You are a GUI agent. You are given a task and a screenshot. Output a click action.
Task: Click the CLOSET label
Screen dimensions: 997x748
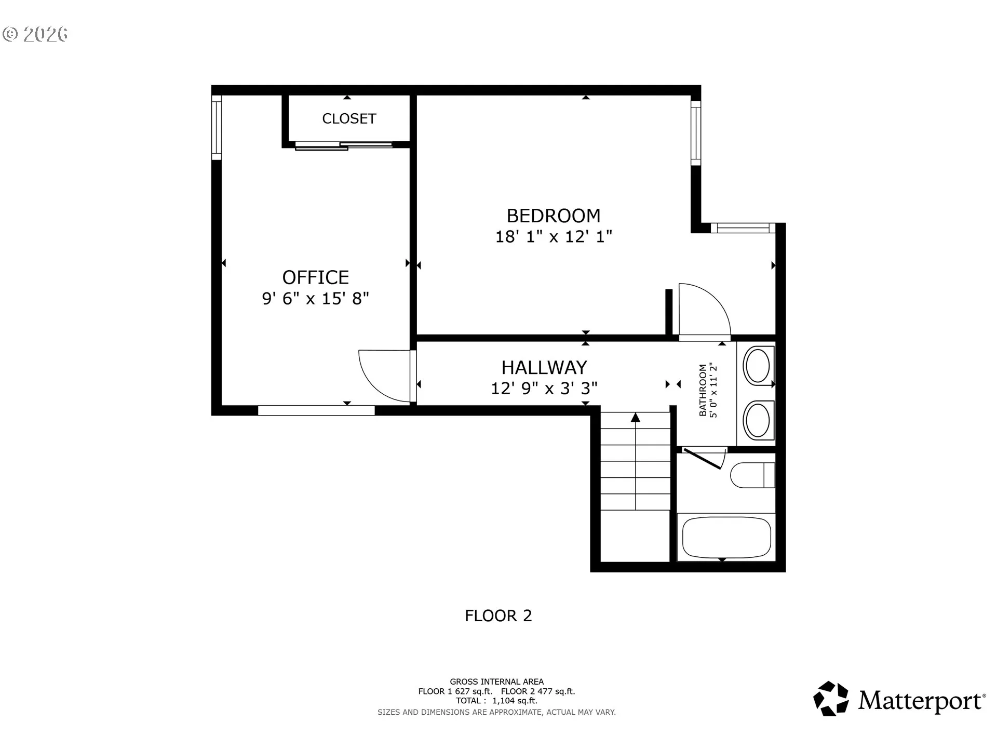[349, 119]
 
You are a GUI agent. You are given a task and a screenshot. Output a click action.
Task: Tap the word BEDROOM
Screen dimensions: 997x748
[554, 216]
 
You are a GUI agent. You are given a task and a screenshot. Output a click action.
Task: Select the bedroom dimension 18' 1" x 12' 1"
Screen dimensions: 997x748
[554, 237]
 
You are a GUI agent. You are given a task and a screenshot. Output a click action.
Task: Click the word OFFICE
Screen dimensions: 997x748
[316, 277]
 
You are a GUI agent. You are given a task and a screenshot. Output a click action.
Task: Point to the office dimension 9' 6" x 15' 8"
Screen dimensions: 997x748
[316, 299]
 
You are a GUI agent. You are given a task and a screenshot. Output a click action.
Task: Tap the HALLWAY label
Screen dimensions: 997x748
[544, 368]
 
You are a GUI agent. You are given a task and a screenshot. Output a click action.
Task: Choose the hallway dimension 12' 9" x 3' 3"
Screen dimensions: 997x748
[544, 389]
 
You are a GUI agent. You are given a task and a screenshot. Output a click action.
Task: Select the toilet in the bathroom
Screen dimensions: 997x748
[752, 475]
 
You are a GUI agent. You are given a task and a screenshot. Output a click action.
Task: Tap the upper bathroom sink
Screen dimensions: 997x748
[757, 366]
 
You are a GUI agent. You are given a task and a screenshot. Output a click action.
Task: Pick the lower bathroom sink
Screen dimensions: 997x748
[757, 419]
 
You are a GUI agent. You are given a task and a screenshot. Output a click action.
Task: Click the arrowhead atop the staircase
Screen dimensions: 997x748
[636, 417]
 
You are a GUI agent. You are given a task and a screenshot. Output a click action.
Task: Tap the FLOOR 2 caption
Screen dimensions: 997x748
[498, 616]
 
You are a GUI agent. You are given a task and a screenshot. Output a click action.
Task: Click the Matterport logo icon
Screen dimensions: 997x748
[831, 699]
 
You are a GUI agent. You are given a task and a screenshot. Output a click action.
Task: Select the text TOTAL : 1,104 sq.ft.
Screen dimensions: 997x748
[496, 701]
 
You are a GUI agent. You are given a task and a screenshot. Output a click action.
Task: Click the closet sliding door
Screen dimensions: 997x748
[344, 146]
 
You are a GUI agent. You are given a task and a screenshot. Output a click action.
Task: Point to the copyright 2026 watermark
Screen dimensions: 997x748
[35, 34]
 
